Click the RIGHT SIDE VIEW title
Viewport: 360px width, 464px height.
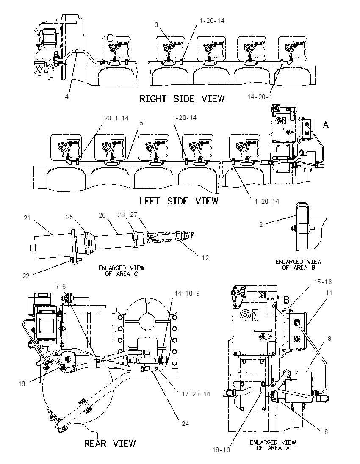[x=182, y=99]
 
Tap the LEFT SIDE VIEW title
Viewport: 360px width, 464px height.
[x=179, y=201]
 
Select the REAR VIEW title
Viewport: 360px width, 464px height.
[x=110, y=443]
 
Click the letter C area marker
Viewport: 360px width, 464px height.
[x=110, y=38]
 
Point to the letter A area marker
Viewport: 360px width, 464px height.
[x=326, y=125]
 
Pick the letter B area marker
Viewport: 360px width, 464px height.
[x=286, y=300]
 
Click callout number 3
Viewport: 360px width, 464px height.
[x=156, y=25]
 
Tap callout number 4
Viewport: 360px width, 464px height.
[x=67, y=97]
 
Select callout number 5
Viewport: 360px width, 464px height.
[x=141, y=122]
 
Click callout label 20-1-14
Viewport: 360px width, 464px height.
[x=116, y=118]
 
